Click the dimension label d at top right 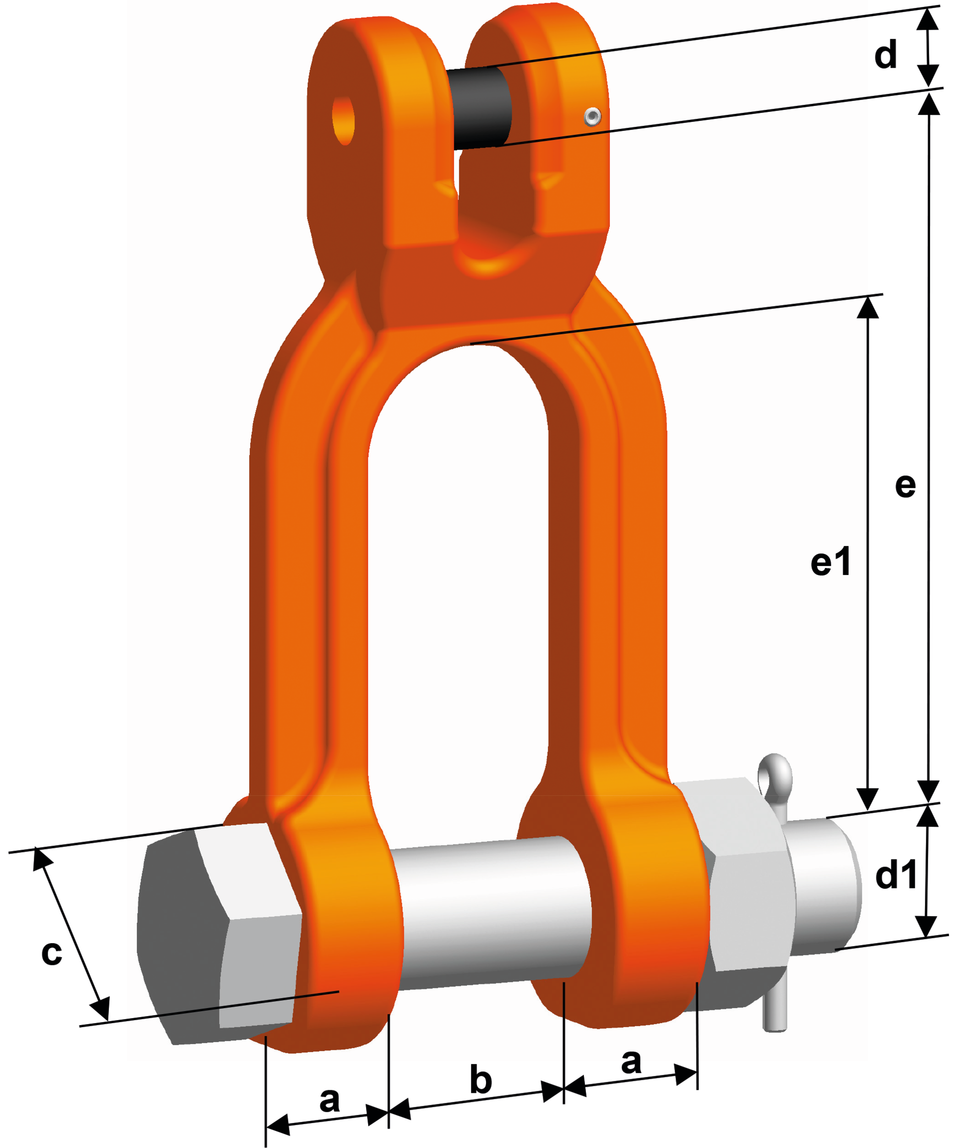coord(885,54)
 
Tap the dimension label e coord(905,485)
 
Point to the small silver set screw coord(592,116)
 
